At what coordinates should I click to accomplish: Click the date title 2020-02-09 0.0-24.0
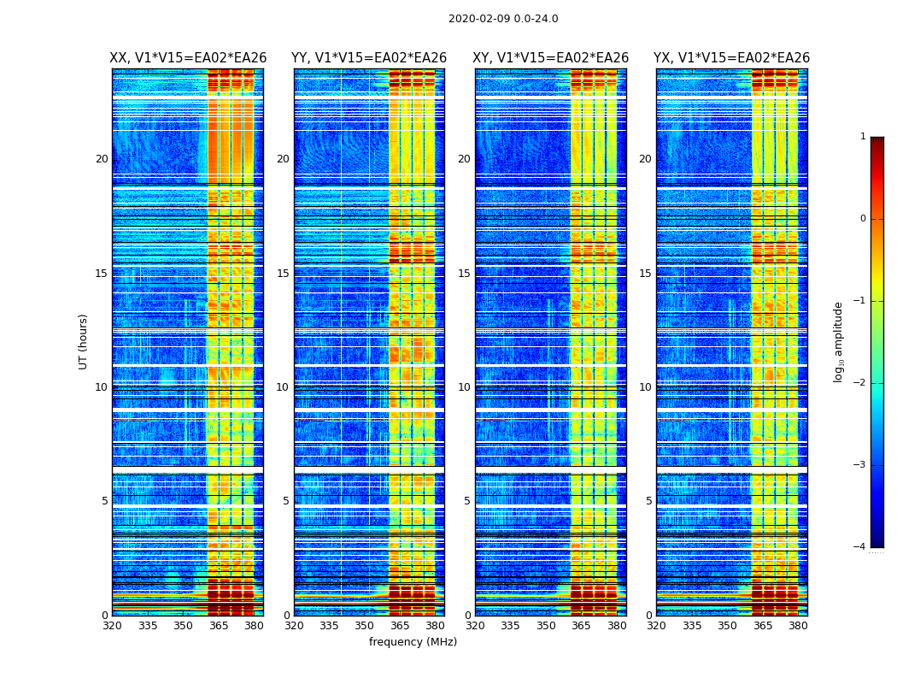pyautogui.click(x=503, y=19)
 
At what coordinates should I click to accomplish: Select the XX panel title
pyautogui.click(x=188, y=58)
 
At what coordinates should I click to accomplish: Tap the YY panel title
pyautogui.click(x=369, y=58)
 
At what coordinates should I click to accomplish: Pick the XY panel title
pyautogui.click(x=551, y=58)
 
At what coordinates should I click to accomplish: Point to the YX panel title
pyautogui.click(x=732, y=58)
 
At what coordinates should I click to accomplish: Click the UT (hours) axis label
pyautogui.click(x=84, y=341)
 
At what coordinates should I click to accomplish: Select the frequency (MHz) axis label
pyautogui.click(x=413, y=642)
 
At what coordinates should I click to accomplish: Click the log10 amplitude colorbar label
pyautogui.click(x=839, y=341)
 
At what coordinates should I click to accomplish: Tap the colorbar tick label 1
pyautogui.click(x=862, y=137)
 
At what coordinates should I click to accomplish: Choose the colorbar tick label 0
pyautogui.click(x=862, y=219)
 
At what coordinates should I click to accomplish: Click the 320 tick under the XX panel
pyautogui.click(x=112, y=626)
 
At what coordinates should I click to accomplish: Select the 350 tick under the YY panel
pyautogui.click(x=365, y=626)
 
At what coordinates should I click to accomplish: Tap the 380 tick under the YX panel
pyautogui.click(x=798, y=626)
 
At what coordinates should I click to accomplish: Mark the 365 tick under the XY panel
pyautogui.click(x=581, y=626)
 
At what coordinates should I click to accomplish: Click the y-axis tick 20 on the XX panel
pyautogui.click(x=102, y=159)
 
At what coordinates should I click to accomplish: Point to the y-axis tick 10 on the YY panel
pyautogui.click(x=283, y=387)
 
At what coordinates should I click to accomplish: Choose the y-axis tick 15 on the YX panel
pyautogui.click(x=645, y=274)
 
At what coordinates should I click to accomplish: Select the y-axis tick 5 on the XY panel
pyautogui.click(x=467, y=501)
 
